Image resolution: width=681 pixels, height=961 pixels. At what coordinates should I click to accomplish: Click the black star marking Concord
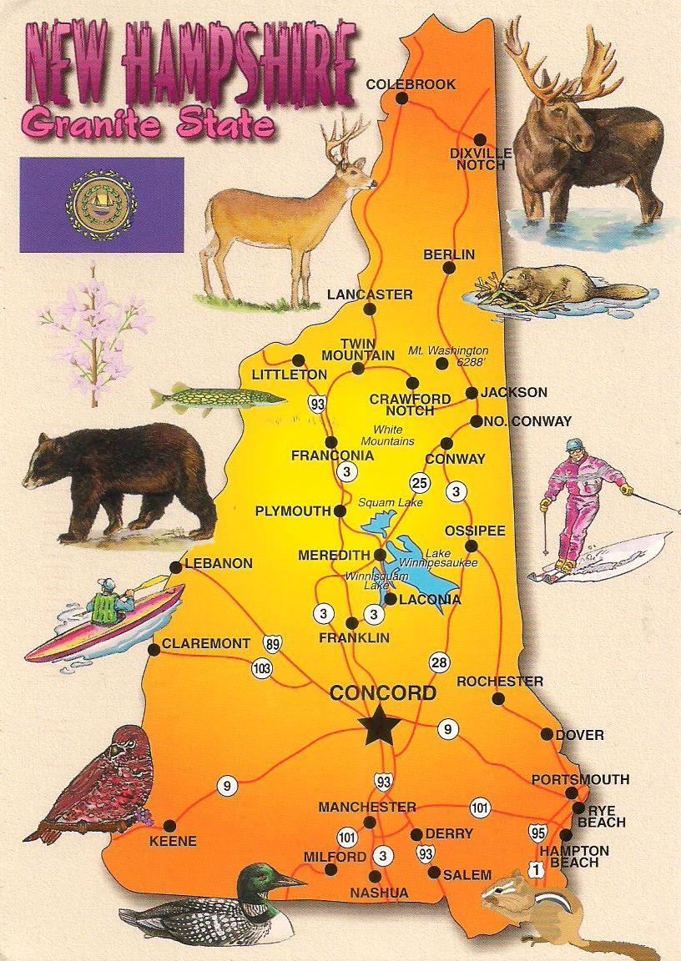click(380, 726)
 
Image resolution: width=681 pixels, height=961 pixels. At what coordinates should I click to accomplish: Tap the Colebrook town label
click(411, 84)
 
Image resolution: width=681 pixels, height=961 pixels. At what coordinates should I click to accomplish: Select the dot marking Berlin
click(449, 268)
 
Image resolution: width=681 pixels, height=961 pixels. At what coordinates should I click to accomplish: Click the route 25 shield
click(419, 482)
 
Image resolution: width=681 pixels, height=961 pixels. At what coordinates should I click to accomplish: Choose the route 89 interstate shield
click(273, 642)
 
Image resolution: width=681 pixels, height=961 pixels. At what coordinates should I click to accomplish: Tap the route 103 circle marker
click(261, 668)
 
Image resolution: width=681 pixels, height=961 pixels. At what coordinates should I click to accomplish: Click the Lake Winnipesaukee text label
click(451, 558)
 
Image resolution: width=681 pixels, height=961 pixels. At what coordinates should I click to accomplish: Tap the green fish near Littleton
click(213, 398)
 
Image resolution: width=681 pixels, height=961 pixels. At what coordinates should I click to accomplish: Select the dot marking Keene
click(169, 825)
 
